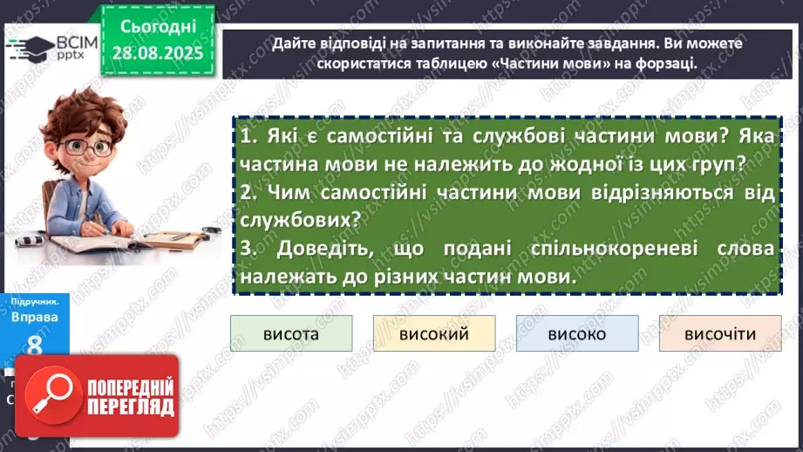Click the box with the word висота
[291, 334]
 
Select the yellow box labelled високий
[434, 334]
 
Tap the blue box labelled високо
[577, 334]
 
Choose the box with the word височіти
[720, 334]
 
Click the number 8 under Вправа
[35, 346]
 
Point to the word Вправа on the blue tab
[35, 317]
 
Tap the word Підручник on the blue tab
[33, 299]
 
